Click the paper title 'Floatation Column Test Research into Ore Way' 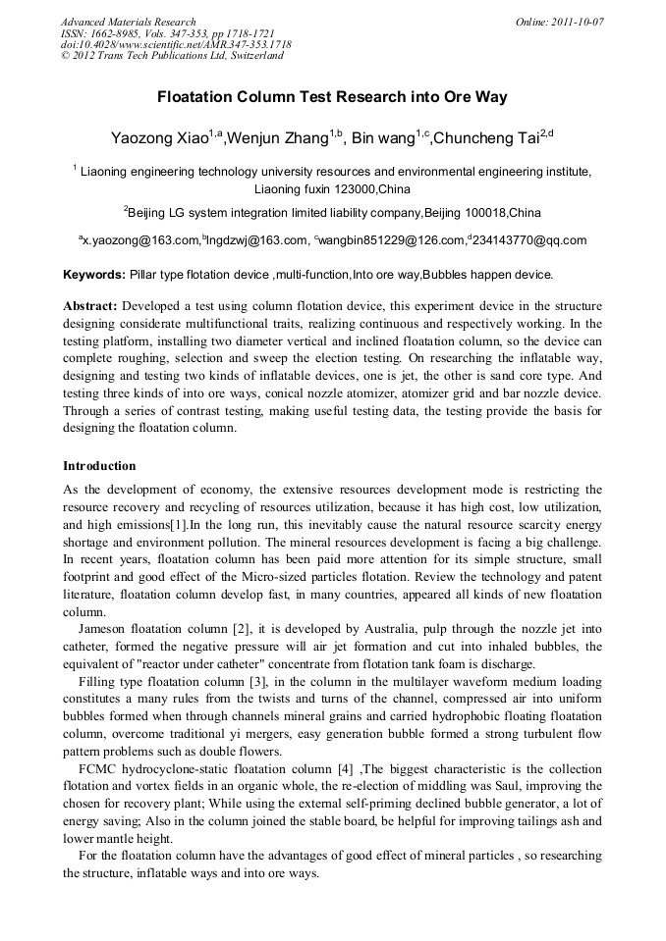332,98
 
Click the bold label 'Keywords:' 94,274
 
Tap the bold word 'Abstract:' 90,305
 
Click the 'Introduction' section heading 99,465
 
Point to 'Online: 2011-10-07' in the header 559,22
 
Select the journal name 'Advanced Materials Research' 128,22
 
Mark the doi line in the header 175,44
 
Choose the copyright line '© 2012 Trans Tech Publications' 172,56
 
